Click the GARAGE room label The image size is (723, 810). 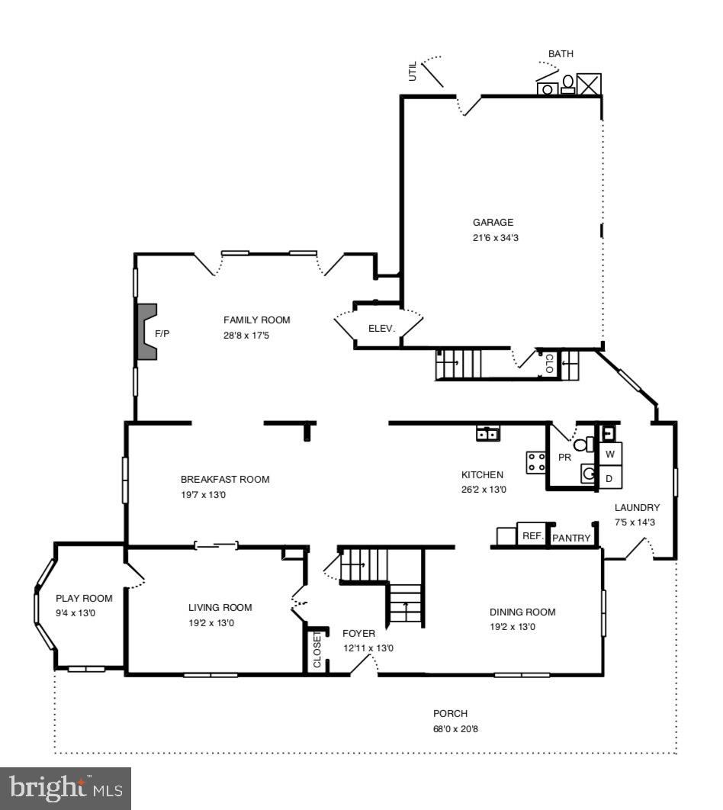click(493, 223)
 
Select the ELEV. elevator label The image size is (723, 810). click(381, 329)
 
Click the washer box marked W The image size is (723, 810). click(610, 455)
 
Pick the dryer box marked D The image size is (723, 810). click(609, 478)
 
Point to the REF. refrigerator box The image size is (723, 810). click(532, 536)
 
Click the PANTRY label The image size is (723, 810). click(571, 538)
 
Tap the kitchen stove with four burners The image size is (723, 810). click(535, 461)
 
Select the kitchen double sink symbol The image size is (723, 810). click(487, 434)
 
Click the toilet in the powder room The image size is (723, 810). click(583, 445)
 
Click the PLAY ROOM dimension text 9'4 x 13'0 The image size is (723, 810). click(76, 613)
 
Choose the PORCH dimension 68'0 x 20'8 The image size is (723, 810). click(455, 729)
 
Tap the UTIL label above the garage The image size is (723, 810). click(413, 72)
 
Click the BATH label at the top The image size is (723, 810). click(561, 54)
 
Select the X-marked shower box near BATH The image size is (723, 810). click(590, 84)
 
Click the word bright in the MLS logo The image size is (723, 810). click(47, 788)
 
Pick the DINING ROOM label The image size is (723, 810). click(522, 612)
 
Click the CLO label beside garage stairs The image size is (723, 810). click(549, 365)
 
